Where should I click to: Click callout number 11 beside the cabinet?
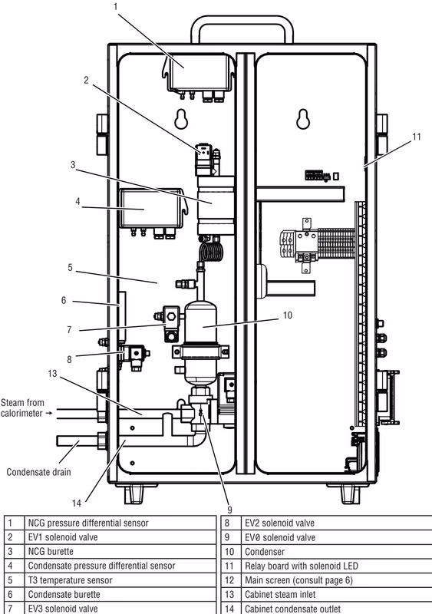click(417, 137)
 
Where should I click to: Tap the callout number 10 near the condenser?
click(288, 315)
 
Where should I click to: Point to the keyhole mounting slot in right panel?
click(303, 119)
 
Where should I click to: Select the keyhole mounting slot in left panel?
click(181, 119)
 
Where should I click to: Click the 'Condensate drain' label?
click(39, 472)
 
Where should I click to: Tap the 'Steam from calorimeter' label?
click(22, 408)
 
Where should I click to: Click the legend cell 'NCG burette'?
click(51, 551)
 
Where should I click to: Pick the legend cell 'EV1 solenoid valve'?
click(63, 537)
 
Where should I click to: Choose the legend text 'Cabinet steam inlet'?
click(280, 594)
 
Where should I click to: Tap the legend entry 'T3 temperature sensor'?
click(70, 580)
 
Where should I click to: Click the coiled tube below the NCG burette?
click(212, 252)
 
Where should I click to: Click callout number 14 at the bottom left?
click(77, 503)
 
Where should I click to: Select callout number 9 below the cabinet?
click(229, 510)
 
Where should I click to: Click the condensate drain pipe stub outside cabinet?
click(77, 441)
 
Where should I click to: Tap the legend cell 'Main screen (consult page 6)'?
click(298, 580)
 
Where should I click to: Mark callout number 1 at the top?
click(116, 7)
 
